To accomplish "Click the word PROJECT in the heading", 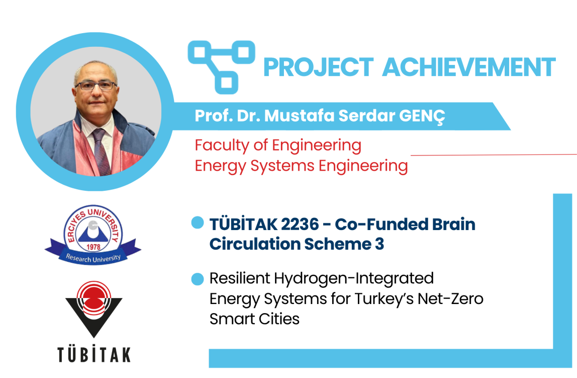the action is [x=319, y=67].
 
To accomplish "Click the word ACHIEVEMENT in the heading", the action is [x=469, y=67].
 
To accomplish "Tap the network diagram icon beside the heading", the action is [x=221, y=67].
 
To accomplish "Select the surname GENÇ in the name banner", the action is [x=422, y=116].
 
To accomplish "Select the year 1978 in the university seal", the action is [x=93, y=247].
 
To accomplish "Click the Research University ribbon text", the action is [x=93, y=258].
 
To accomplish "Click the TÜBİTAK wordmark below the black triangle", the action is [x=94, y=354].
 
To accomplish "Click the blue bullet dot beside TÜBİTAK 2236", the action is [x=198, y=222].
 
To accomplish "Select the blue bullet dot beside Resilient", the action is [x=198, y=279].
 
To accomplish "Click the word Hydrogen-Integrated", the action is [x=354, y=279].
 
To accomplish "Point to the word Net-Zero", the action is [x=450, y=298].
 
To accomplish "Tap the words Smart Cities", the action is [x=255, y=319].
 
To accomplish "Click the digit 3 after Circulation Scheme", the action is [x=379, y=244].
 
